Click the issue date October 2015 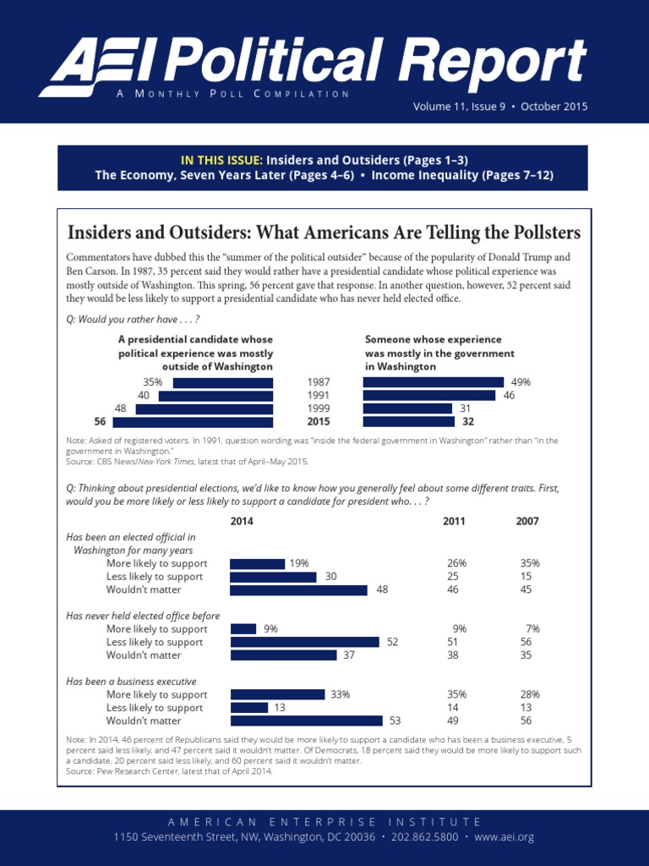point(554,107)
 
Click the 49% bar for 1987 point(433,382)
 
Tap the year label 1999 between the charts point(319,408)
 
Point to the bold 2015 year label point(319,422)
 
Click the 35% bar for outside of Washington point(222,382)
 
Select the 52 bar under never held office point(305,642)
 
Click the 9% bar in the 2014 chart point(243,628)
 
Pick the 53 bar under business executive point(306,721)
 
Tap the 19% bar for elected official point(258,563)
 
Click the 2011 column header point(454,521)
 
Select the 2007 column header point(527,521)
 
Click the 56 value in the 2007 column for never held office point(526,642)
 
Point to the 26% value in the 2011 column point(456,563)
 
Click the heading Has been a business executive point(131,681)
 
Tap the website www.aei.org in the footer point(504,836)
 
